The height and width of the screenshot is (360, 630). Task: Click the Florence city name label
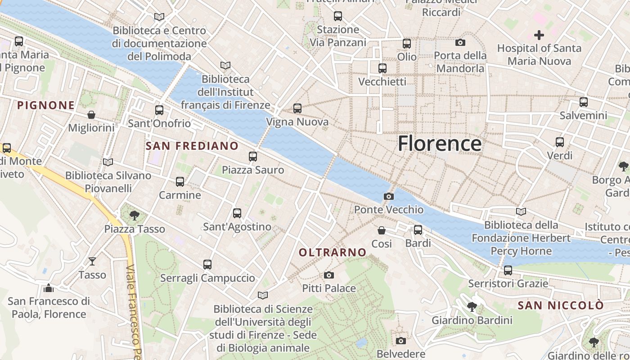coord(440,144)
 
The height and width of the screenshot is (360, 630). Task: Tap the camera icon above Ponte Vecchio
coord(388,196)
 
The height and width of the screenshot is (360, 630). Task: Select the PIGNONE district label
coord(46,105)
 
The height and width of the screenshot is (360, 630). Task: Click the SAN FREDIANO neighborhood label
coord(192,146)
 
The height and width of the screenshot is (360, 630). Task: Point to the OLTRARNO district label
coord(333,252)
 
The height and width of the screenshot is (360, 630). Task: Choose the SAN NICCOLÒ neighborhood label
coord(561,306)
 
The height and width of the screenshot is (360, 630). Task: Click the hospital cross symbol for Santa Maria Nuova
coord(539,35)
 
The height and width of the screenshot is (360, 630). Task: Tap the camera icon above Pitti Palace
coord(329,275)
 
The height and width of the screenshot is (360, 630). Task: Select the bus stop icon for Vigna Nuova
coord(297,108)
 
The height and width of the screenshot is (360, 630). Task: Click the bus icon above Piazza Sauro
coord(253,157)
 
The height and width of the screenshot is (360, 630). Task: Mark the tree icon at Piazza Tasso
coord(134,216)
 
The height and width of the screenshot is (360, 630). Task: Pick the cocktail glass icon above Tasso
coord(92,261)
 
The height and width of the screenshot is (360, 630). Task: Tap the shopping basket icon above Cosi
coord(382,230)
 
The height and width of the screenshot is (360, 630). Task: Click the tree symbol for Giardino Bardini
coord(472,307)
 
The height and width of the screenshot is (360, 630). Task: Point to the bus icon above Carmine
coord(180,182)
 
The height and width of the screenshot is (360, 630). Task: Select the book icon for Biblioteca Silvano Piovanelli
coord(108,162)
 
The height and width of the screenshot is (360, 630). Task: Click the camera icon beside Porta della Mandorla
coord(460,42)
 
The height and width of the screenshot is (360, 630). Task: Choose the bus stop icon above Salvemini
coord(584,102)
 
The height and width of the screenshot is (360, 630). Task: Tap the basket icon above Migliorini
coord(91,115)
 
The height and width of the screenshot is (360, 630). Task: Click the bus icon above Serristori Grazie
coord(508,270)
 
